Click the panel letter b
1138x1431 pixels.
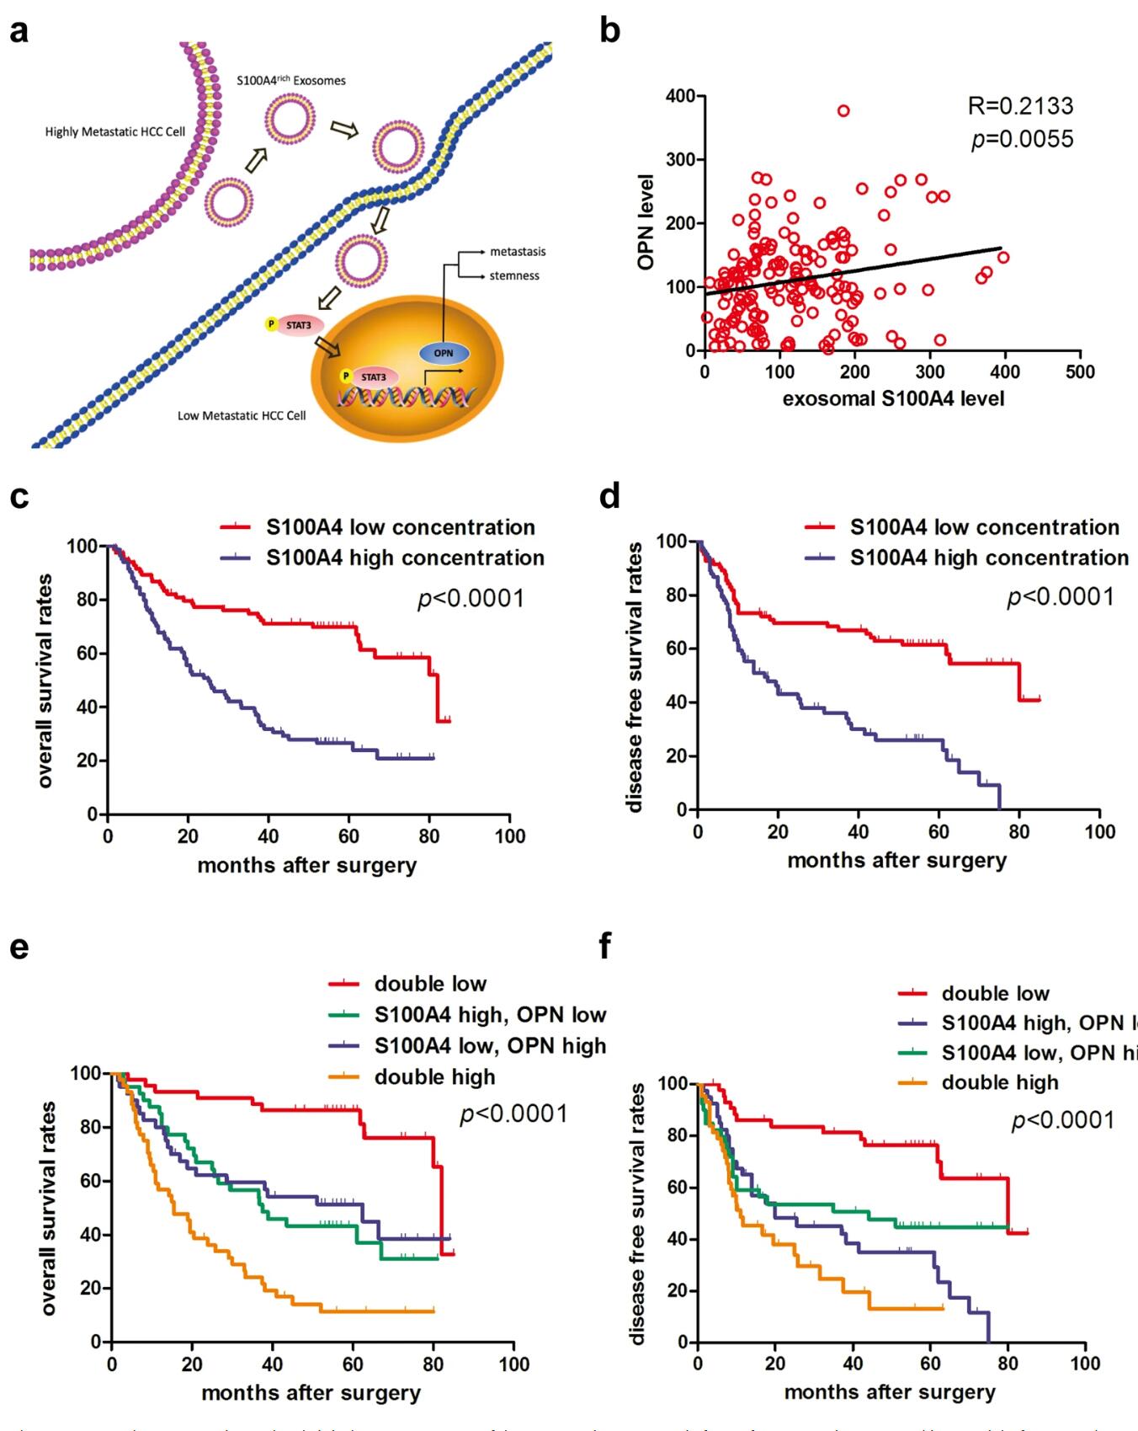pyautogui.click(x=609, y=32)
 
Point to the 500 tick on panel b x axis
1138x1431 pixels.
pyautogui.click(x=1080, y=372)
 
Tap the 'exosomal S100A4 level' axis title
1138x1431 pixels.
pyautogui.click(x=893, y=398)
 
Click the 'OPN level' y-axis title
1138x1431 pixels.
pyautogui.click(x=646, y=222)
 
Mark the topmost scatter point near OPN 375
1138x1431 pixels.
pyautogui.click(x=843, y=111)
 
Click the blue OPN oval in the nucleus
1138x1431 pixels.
pyautogui.click(x=444, y=354)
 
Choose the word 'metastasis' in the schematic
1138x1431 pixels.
pyautogui.click(x=518, y=252)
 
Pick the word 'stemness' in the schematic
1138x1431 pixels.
pyautogui.click(x=514, y=275)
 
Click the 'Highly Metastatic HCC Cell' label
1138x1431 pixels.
pyautogui.click(x=115, y=132)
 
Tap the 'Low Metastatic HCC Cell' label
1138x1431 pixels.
pyautogui.click(x=242, y=415)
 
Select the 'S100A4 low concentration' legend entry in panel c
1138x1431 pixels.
pyautogui.click(x=400, y=527)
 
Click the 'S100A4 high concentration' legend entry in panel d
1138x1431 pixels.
pyautogui.click(x=989, y=558)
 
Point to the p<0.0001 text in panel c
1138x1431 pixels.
pyautogui.click(x=471, y=599)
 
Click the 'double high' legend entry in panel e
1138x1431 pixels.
pyautogui.click(x=434, y=1076)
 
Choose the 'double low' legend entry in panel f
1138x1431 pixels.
pyautogui.click(x=995, y=993)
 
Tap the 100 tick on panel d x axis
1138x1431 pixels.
pyautogui.click(x=1099, y=832)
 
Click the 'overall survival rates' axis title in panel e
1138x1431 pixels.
pyautogui.click(x=48, y=1207)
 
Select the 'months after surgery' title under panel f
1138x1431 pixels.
pyautogui.click(x=890, y=1392)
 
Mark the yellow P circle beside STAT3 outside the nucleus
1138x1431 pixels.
pyautogui.click(x=271, y=323)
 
